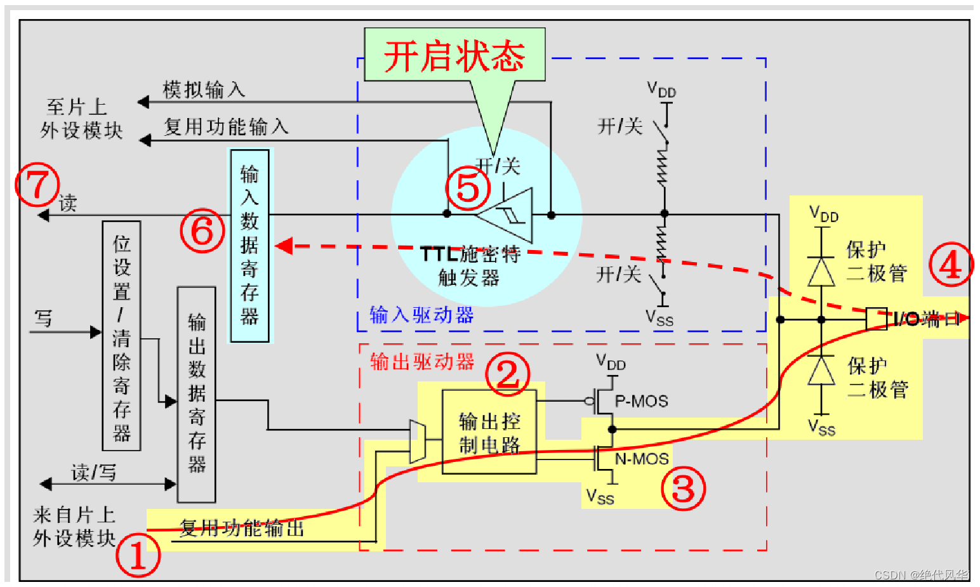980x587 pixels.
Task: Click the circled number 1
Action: tap(138, 555)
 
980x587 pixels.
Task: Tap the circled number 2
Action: tap(507, 374)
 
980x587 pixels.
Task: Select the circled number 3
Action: tap(684, 488)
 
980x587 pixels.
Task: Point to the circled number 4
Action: tap(951, 265)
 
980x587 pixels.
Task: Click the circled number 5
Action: tap(468, 188)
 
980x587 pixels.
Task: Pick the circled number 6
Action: tap(202, 231)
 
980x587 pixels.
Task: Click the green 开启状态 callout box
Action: tap(454, 55)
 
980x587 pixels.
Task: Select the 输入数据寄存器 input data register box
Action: tap(250, 246)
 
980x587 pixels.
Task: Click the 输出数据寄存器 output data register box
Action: tap(197, 394)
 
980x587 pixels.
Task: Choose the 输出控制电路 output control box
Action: tap(489, 432)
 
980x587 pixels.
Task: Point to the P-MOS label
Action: tap(642, 401)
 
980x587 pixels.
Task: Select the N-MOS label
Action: tap(642, 459)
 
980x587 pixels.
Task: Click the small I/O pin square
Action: tap(876, 319)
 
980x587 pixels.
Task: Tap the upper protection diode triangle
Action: tap(821, 272)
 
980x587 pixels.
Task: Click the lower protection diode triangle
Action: tap(821, 370)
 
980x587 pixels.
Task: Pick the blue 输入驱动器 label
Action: tap(421, 315)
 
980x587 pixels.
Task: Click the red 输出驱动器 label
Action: tap(422, 362)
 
